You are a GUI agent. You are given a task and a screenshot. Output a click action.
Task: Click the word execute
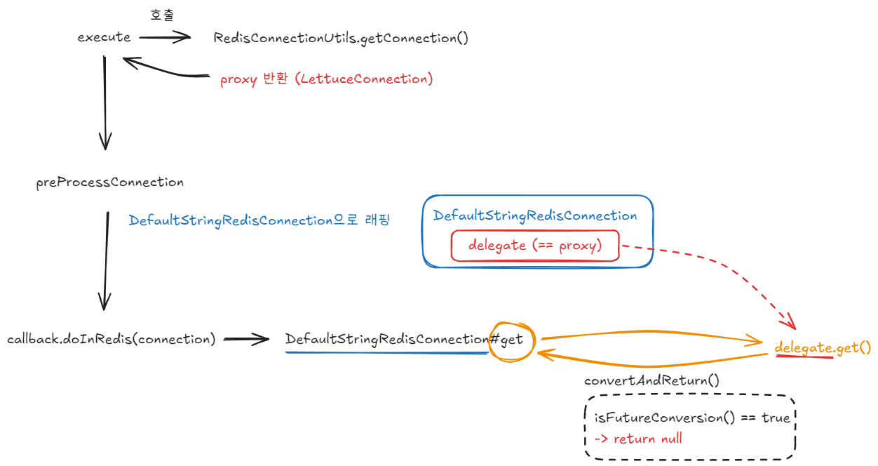click(104, 37)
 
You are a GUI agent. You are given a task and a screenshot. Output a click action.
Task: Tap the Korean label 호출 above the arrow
click(162, 15)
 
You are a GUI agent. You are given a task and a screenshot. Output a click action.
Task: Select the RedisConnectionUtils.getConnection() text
click(341, 38)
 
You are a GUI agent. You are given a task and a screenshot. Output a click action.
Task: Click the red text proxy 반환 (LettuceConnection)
click(326, 79)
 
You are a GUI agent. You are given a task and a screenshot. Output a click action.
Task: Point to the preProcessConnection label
click(109, 182)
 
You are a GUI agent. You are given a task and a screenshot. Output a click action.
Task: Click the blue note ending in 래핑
click(259, 220)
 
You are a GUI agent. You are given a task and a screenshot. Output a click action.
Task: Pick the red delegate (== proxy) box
click(535, 246)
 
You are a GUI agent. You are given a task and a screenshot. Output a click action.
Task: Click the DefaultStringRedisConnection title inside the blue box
click(535, 215)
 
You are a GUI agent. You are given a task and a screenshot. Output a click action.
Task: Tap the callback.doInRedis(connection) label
click(111, 339)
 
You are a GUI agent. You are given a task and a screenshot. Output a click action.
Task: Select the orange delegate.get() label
click(823, 347)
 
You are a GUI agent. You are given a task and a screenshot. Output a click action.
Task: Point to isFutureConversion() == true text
click(691, 418)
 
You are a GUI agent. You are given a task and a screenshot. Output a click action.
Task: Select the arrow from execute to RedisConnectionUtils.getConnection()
click(165, 38)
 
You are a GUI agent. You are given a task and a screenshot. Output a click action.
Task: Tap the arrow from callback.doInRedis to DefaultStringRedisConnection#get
click(245, 340)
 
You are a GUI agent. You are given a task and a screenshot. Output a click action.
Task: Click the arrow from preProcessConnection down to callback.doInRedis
click(106, 260)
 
